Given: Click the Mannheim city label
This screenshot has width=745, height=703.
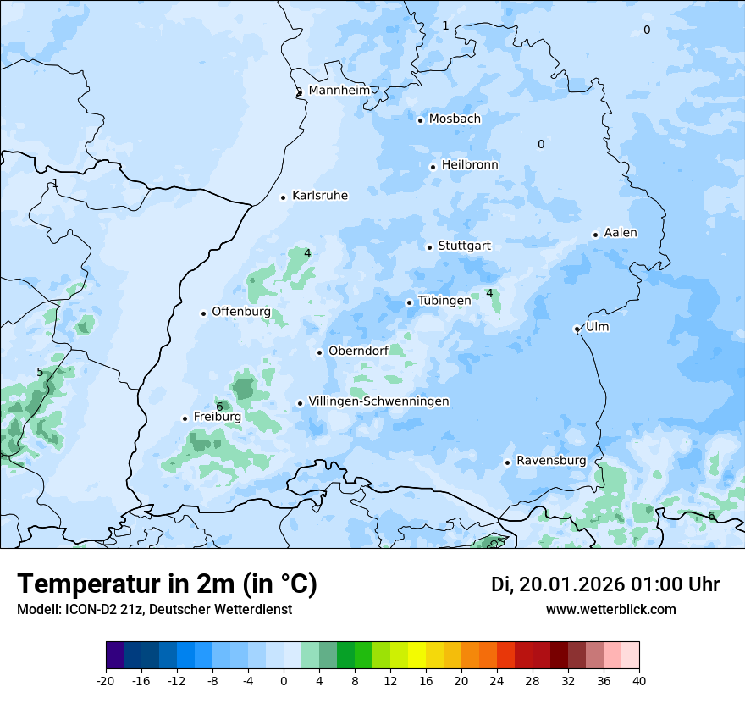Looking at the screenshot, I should click(x=339, y=90).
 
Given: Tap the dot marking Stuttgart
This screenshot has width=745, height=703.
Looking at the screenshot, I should click(x=430, y=247).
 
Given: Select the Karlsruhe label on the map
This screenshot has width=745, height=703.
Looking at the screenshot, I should click(x=319, y=196).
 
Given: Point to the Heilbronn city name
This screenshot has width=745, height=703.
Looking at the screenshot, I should click(x=470, y=165).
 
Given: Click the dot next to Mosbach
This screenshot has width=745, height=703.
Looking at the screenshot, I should click(x=420, y=120).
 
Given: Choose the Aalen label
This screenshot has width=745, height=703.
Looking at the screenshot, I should click(x=621, y=233).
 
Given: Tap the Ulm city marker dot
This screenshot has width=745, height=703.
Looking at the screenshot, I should click(x=577, y=329).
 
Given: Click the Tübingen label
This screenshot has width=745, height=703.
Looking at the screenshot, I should click(x=444, y=301).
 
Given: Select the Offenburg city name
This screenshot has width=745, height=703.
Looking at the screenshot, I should click(x=241, y=312).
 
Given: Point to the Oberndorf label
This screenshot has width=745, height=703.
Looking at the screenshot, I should click(x=358, y=351).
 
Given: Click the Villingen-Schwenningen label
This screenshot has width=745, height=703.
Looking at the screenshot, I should click(x=378, y=401).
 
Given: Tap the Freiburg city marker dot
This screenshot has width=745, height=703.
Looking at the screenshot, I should click(x=185, y=418).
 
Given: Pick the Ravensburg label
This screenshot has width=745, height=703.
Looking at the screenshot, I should click(x=551, y=461).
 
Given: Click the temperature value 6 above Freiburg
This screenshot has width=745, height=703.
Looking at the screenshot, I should click(x=219, y=407).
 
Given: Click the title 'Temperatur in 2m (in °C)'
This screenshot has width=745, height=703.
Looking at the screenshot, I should click(x=167, y=584).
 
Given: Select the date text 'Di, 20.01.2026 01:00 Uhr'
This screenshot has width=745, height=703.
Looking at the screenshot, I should click(x=605, y=584).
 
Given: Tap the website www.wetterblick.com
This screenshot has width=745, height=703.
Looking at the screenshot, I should click(x=610, y=609).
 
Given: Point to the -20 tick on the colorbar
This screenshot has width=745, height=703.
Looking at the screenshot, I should click(x=106, y=680).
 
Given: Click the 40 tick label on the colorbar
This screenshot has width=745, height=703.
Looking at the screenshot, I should click(x=639, y=680).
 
